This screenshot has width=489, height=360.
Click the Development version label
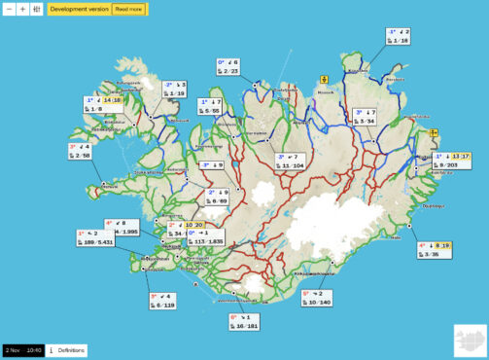click(x=78, y=8)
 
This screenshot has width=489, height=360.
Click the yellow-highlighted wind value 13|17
click(x=459, y=156)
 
